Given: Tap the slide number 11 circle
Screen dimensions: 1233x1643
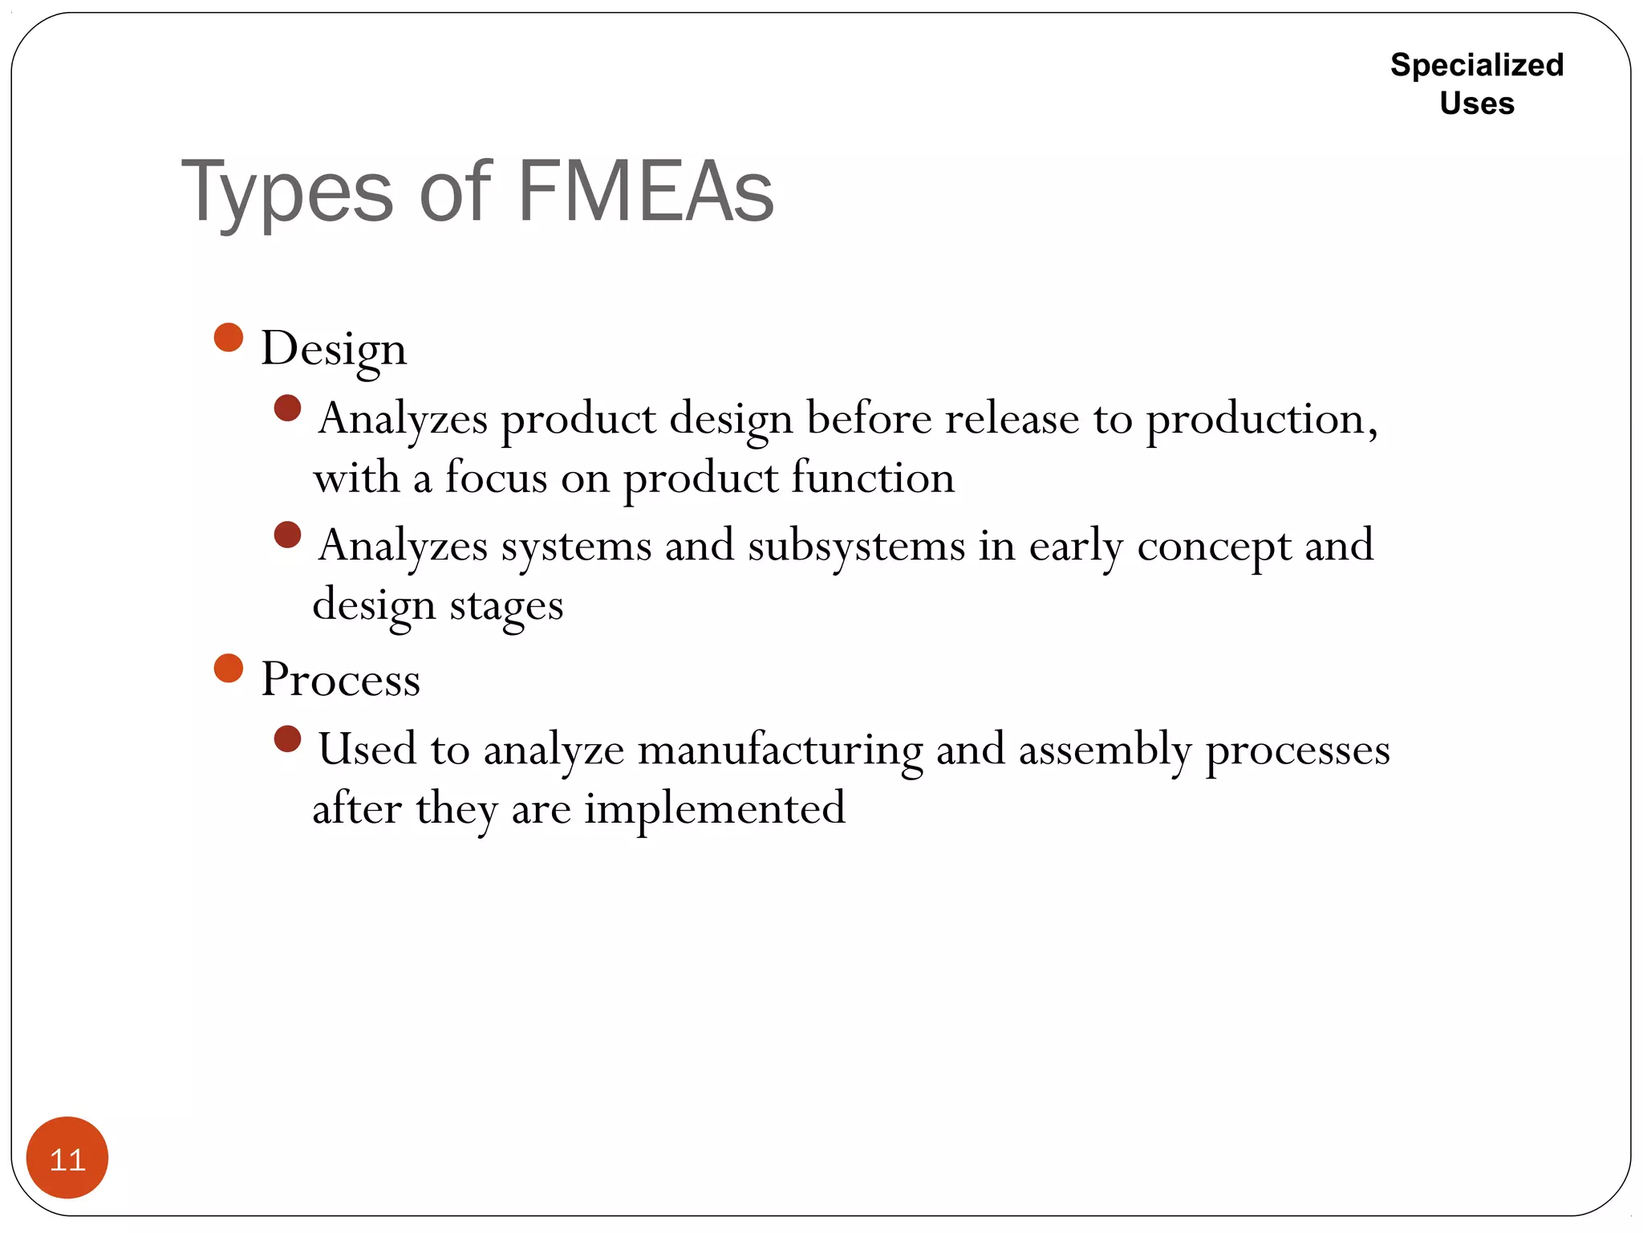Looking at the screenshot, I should pyautogui.click(x=67, y=1158).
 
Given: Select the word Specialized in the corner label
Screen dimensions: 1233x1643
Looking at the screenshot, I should pyautogui.click(x=1477, y=65).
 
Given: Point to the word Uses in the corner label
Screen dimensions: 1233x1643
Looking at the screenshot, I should pyautogui.click(x=1477, y=104).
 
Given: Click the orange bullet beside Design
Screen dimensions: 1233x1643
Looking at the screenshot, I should pyautogui.click(x=229, y=337).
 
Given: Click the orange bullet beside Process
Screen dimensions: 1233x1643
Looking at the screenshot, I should pyautogui.click(x=229, y=668).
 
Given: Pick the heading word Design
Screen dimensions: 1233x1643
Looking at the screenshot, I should pyautogui.click(x=334, y=350).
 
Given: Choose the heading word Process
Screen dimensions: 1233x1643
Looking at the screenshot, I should pyautogui.click(x=340, y=679).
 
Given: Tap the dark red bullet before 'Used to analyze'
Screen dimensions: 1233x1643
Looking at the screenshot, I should pyautogui.click(x=287, y=739).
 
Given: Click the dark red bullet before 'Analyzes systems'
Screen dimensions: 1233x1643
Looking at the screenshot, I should pyautogui.click(x=287, y=535).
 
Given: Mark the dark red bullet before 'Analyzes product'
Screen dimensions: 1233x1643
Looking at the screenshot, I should pyautogui.click(x=287, y=408).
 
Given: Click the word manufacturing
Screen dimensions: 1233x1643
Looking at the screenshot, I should pyautogui.click(x=780, y=751).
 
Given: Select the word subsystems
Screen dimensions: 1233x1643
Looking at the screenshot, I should pyautogui.click(x=856, y=547).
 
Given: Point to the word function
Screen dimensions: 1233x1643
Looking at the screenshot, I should pyautogui.click(x=873, y=478).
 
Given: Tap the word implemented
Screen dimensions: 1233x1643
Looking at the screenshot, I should pyautogui.click(x=714, y=809).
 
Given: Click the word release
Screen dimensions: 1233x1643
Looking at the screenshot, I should pyautogui.click(x=1012, y=419).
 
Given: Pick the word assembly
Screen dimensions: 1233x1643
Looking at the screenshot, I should pyautogui.click(x=1105, y=751).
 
